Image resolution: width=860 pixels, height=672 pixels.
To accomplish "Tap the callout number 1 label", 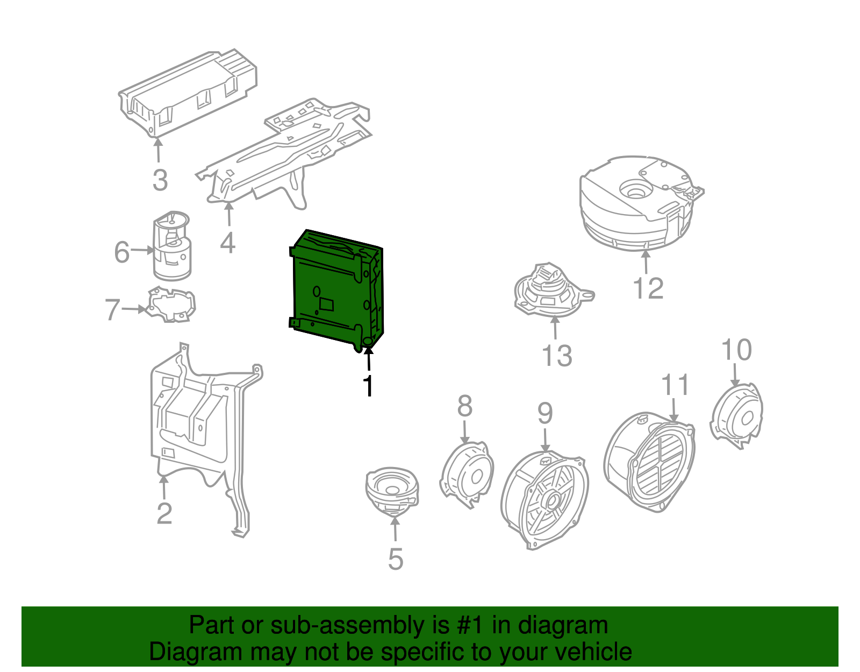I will [368, 386].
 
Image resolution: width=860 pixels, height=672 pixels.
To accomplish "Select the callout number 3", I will [160, 180].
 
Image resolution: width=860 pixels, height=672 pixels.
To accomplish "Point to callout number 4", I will [228, 243].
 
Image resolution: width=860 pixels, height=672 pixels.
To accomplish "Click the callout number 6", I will [122, 252].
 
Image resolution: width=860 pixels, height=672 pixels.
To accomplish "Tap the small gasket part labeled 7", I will [172, 306].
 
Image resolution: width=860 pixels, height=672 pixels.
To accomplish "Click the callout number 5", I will [396, 560].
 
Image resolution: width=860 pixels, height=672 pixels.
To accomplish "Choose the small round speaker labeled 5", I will [392, 490].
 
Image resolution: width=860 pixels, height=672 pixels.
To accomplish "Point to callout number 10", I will [736, 350].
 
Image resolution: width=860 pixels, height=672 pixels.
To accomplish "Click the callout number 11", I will [675, 385].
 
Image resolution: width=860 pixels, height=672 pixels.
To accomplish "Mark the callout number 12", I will [648, 288].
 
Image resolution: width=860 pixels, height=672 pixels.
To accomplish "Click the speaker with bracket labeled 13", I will [551, 291].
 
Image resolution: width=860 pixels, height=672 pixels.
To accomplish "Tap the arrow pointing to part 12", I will [646, 260].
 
